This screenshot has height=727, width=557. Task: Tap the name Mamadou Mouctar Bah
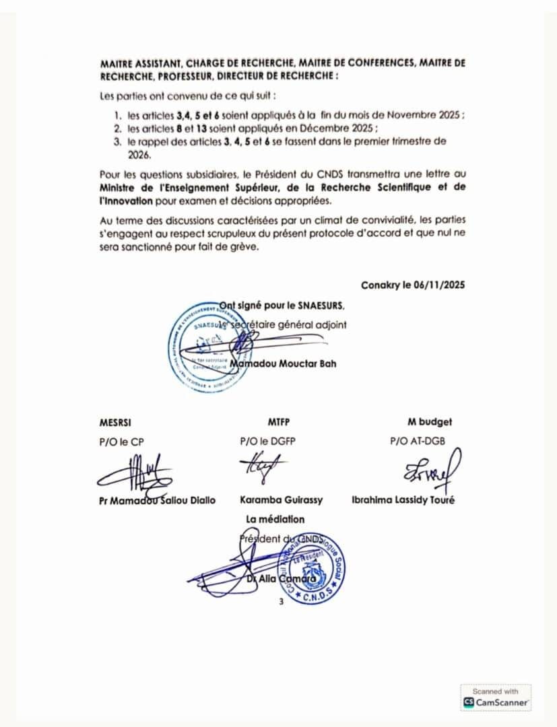pos(283,364)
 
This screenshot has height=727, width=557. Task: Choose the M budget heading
pos(430,422)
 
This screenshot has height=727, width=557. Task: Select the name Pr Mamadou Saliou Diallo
pos(157,501)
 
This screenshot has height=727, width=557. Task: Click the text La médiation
pos(275,519)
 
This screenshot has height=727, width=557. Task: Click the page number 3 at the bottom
pos(282,602)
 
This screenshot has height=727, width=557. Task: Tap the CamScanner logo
pos(496,702)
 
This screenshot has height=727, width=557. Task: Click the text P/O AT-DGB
pos(418,442)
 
